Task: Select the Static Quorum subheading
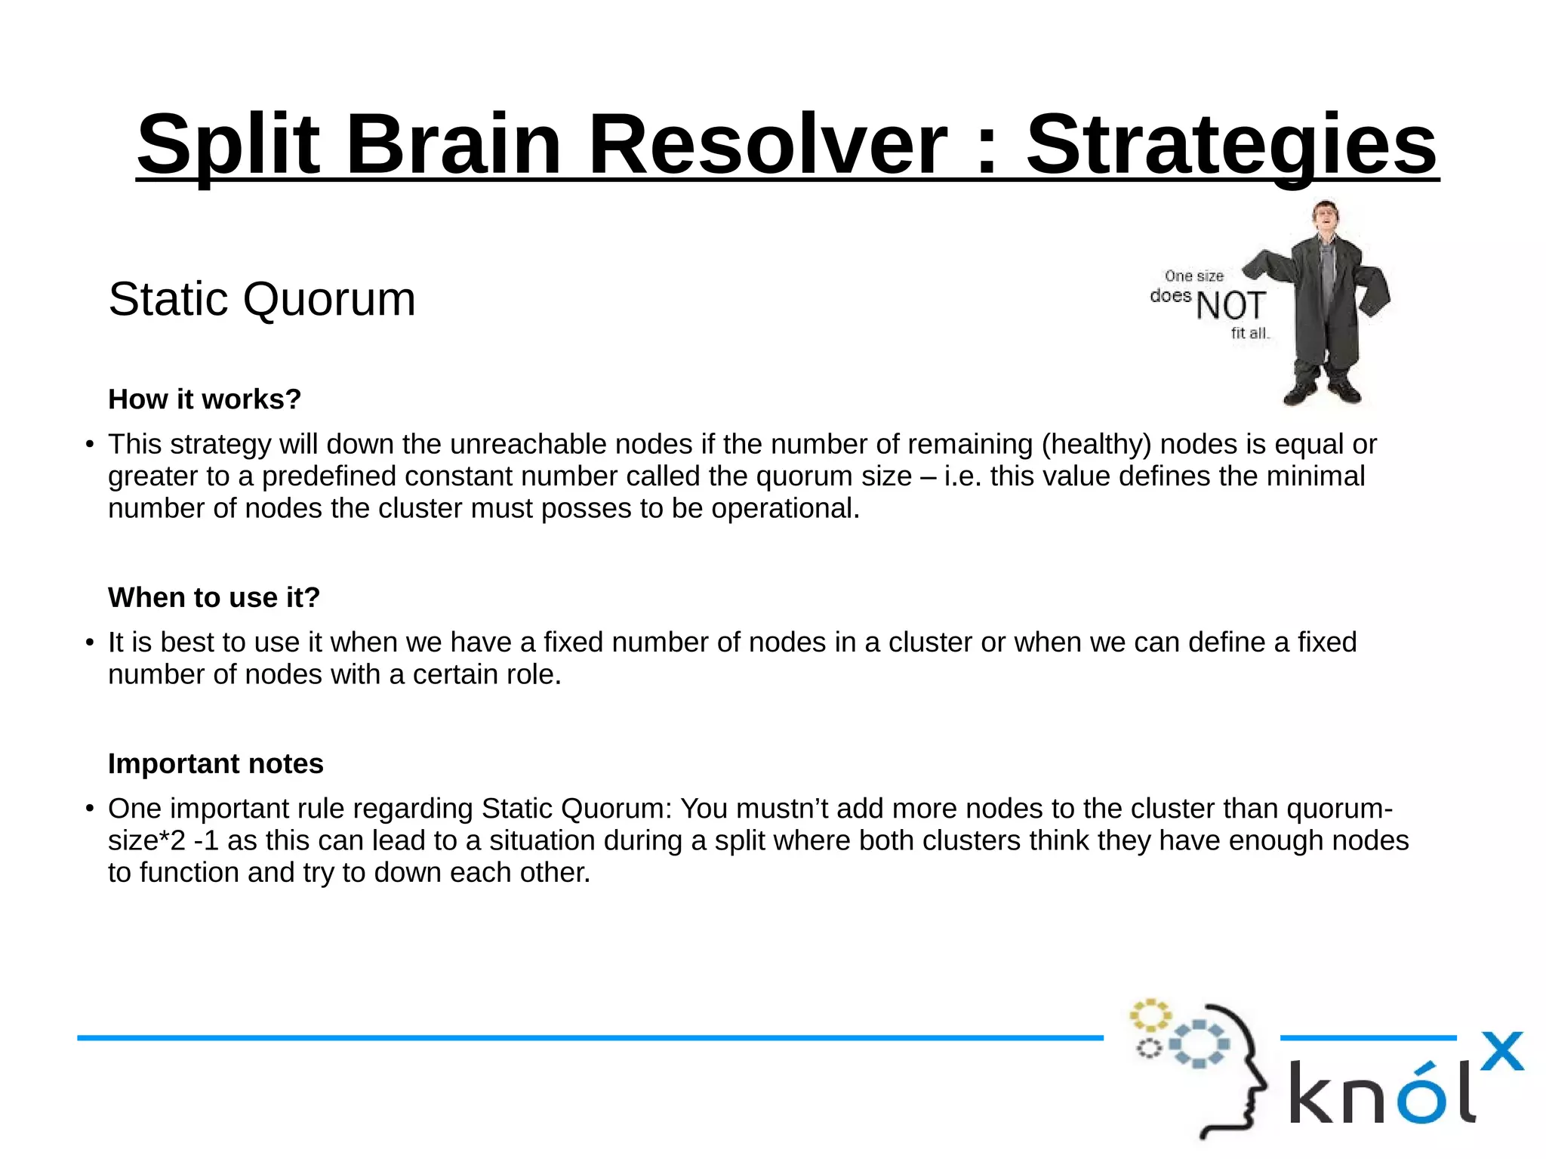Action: pyautogui.click(x=262, y=299)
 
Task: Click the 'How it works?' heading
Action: pyautogui.click(x=205, y=399)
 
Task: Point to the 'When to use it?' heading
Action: pyautogui.click(x=214, y=597)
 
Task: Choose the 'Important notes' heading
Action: pyautogui.click(x=215, y=763)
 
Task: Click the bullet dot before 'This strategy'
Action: pyautogui.click(x=90, y=445)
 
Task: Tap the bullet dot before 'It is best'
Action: pyautogui.click(x=90, y=643)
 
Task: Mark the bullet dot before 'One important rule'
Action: pyautogui.click(x=90, y=809)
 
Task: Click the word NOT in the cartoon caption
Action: pyautogui.click(x=1230, y=306)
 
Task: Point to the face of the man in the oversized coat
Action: pyautogui.click(x=1325, y=217)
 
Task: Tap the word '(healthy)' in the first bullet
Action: pyautogui.click(x=1096, y=444)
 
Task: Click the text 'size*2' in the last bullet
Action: pyautogui.click(x=146, y=840)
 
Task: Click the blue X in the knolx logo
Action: pyautogui.click(x=1502, y=1051)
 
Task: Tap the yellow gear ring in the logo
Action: pyautogui.click(x=1150, y=1016)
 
